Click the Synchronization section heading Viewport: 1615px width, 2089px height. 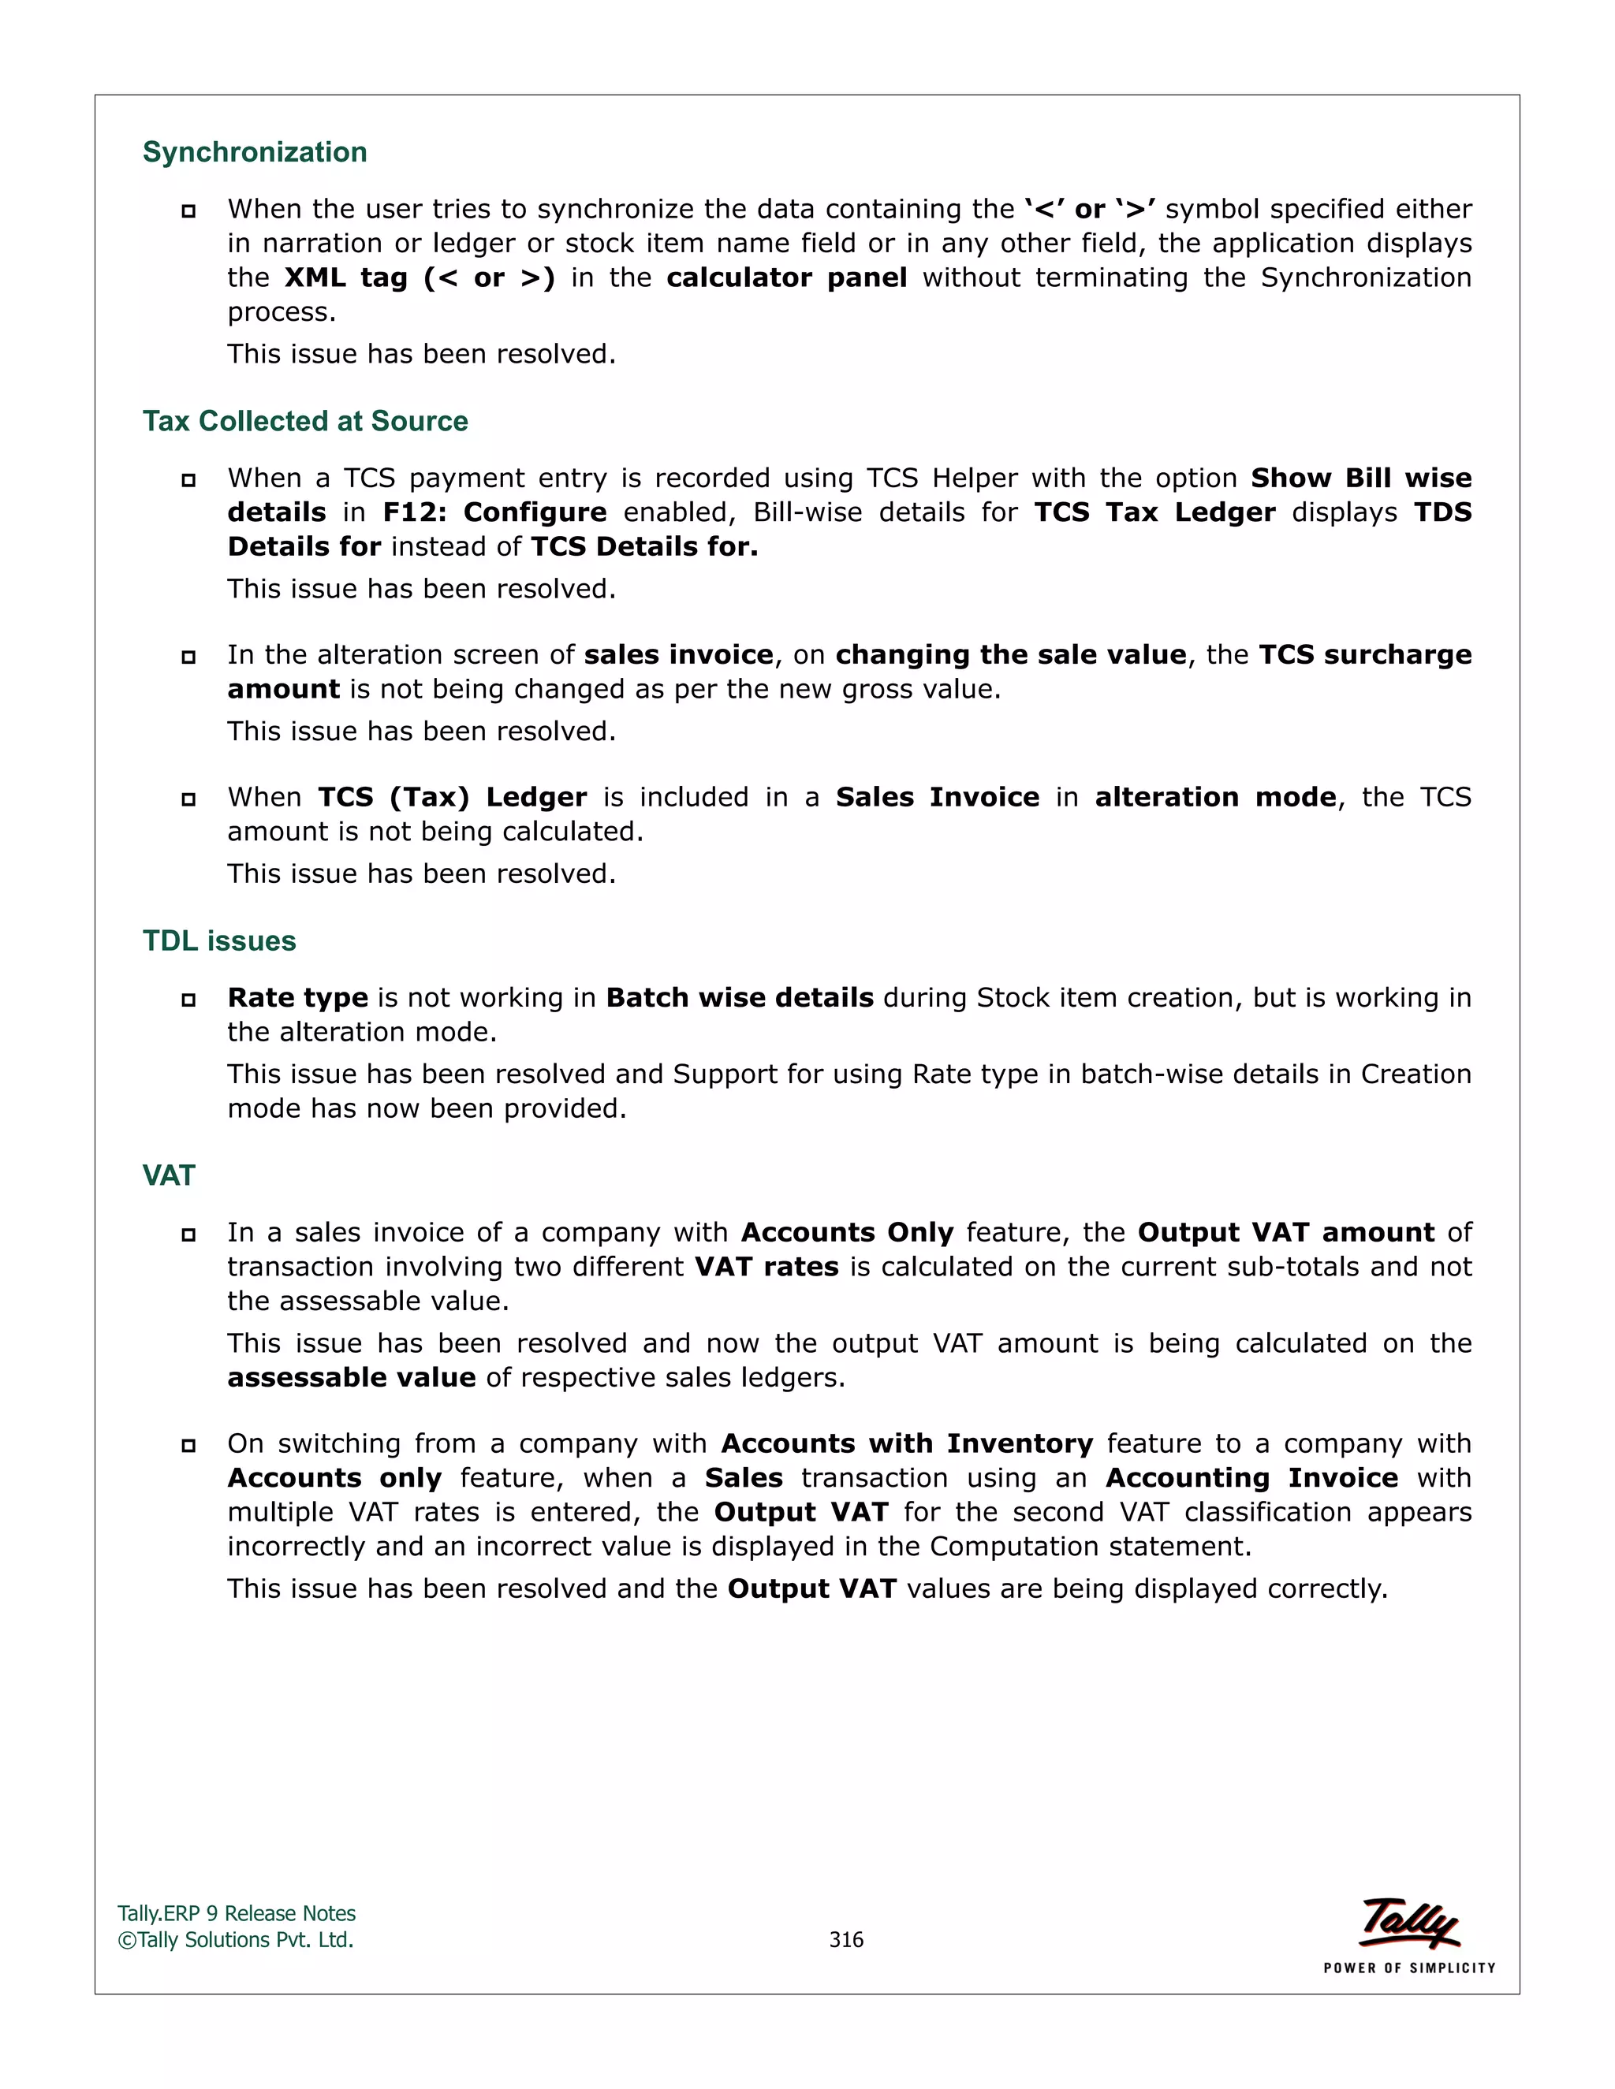tap(255, 152)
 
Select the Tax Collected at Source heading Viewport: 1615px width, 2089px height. tap(305, 421)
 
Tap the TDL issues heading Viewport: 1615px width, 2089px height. tap(219, 941)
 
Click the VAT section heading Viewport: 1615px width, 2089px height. tap(169, 1175)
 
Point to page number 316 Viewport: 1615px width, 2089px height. tap(846, 1940)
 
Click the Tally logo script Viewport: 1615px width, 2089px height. tap(1409, 1923)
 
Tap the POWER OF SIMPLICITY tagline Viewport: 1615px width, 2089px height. tap(1409, 1968)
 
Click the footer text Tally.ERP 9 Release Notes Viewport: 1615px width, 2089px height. tap(237, 1914)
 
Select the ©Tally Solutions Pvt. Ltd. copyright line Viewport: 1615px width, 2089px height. tap(235, 1940)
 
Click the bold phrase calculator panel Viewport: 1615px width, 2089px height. tap(786, 278)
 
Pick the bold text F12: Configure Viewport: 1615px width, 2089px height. tap(494, 512)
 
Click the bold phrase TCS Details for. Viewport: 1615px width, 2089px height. tap(644, 547)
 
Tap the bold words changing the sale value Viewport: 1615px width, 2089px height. tap(1010, 655)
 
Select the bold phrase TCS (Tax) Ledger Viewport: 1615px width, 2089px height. tap(452, 798)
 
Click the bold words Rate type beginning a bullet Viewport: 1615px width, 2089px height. tap(297, 998)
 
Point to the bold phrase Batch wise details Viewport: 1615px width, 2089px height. tap(740, 998)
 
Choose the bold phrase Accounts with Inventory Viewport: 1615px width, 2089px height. tap(906, 1443)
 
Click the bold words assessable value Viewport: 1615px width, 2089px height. tap(351, 1377)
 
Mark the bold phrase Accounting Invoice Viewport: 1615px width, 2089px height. tap(1251, 1478)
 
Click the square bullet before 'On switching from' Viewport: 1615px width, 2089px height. tap(188, 1445)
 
